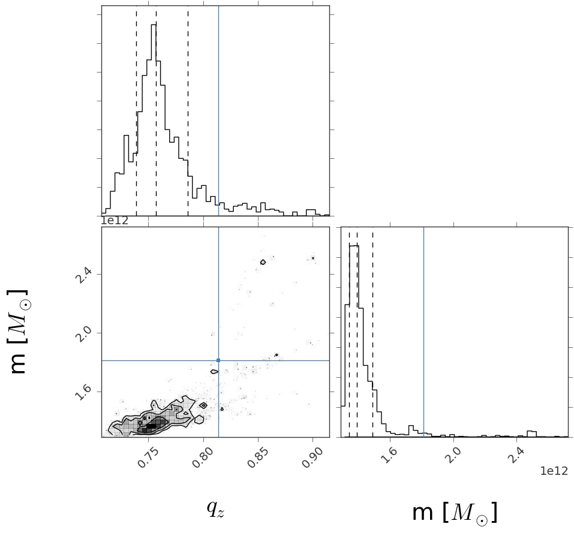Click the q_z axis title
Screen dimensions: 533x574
[215, 508]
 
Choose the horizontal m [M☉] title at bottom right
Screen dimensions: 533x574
[454, 513]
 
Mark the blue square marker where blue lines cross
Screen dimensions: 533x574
[218, 360]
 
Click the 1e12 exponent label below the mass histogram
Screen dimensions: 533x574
[554, 471]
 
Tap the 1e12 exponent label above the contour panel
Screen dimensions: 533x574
[114, 221]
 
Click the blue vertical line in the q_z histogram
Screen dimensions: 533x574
[218, 120]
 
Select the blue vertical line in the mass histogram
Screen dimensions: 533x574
[423, 330]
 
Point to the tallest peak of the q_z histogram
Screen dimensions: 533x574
[154, 25]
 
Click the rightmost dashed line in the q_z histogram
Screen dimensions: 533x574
[188, 120]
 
